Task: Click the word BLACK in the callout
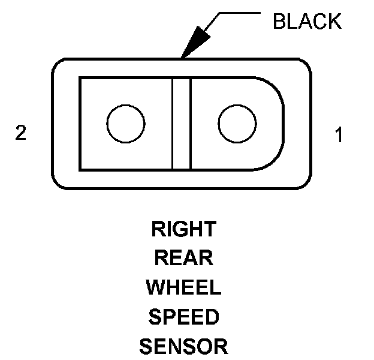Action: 306,22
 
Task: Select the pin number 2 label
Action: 21,133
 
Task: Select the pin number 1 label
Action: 339,136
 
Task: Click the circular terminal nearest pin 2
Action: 125,124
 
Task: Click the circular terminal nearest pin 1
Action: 237,124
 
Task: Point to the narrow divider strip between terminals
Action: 181,124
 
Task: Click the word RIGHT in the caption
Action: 183,229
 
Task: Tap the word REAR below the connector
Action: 183,258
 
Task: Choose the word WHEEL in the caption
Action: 183,287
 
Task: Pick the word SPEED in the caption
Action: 183,317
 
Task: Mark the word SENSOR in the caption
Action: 183,346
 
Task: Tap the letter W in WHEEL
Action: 156,287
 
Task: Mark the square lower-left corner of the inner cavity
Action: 81,169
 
